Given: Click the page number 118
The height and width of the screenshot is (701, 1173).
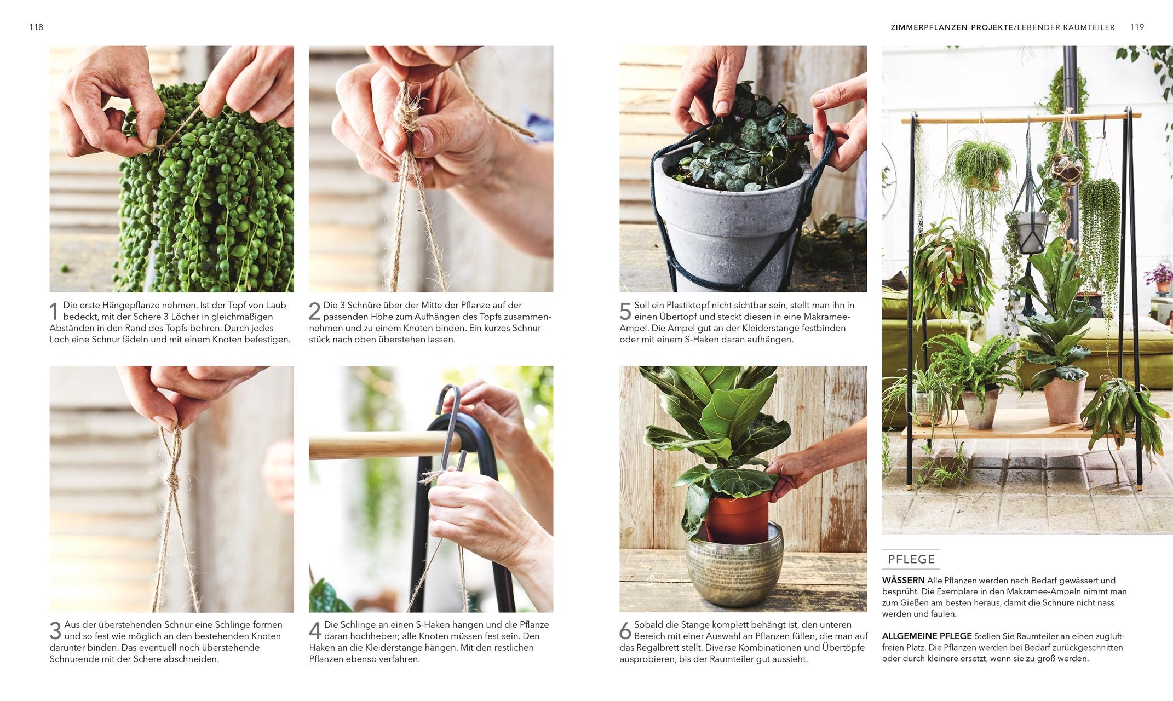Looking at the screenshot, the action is pyautogui.click(x=36, y=27).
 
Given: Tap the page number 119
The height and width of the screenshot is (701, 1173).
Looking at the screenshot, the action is pyautogui.click(x=1137, y=27).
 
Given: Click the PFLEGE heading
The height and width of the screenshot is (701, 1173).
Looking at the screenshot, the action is pyautogui.click(x=911, y=559).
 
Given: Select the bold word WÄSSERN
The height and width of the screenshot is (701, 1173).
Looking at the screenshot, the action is pyautogui.click(x=903, y=581).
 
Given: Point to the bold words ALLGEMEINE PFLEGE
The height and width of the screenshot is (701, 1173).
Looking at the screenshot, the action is pyautogui.click(x=927, y=636).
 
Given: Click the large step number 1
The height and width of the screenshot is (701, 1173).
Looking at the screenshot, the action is pyautogui.click(x=54, y=312).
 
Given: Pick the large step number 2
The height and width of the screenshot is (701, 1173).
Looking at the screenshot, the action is pyautogui.click(x=314, y=312).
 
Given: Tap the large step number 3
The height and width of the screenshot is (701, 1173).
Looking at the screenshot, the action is pyautogui.click(x=55, y=631).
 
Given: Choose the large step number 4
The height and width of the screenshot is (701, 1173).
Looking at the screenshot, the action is pyautogui.click(x=315, y=631).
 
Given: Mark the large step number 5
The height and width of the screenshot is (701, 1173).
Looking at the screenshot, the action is pyautogui.click(x=625, y=312).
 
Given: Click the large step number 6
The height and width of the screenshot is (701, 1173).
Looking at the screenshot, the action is pyautogui.click(x=625, y=631).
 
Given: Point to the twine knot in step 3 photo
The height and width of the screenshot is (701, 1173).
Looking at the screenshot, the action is pyautogui.click(x=173, y=481).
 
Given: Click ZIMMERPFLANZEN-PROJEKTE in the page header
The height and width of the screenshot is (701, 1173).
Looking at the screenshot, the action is pyautogui.click(x=952, y=27).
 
